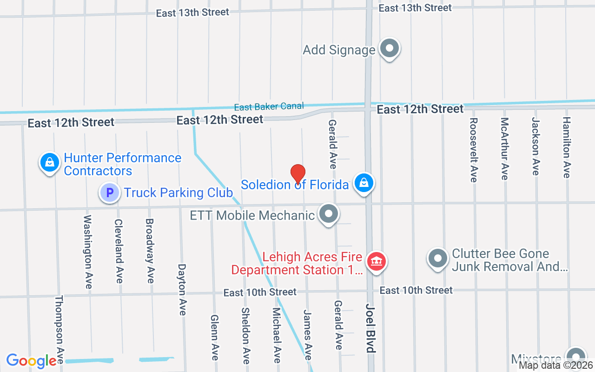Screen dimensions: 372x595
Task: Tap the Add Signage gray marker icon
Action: (x=390, y=48)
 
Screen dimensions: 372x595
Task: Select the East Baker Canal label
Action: (x=269, y=107)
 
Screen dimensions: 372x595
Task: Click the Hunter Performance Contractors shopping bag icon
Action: (x=49, y=163)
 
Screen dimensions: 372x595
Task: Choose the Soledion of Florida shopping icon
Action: (x=364, y=184)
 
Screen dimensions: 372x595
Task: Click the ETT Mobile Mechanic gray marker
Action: (x=329, y=214)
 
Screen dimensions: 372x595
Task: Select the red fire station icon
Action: (x=377, y=261)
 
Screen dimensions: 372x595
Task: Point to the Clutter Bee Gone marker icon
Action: (x=437, y=259)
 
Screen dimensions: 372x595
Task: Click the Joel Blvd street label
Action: (x=370, y=329)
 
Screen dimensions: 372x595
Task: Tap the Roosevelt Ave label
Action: (x=473, y=150)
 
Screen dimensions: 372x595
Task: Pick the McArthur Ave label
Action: (x=504, y=148)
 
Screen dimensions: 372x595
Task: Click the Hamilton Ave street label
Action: (x=566, y=147)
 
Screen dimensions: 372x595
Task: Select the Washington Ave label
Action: (x=88, y=252)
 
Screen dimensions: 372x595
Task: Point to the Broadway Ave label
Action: (x=150, y=251)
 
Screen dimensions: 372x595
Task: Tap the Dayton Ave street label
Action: (x=182, y=290)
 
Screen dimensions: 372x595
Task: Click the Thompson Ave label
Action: (x=59, y=330)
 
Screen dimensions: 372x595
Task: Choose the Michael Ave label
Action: (x=277, y=335)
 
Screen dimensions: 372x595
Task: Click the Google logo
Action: (x=32, y=361)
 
